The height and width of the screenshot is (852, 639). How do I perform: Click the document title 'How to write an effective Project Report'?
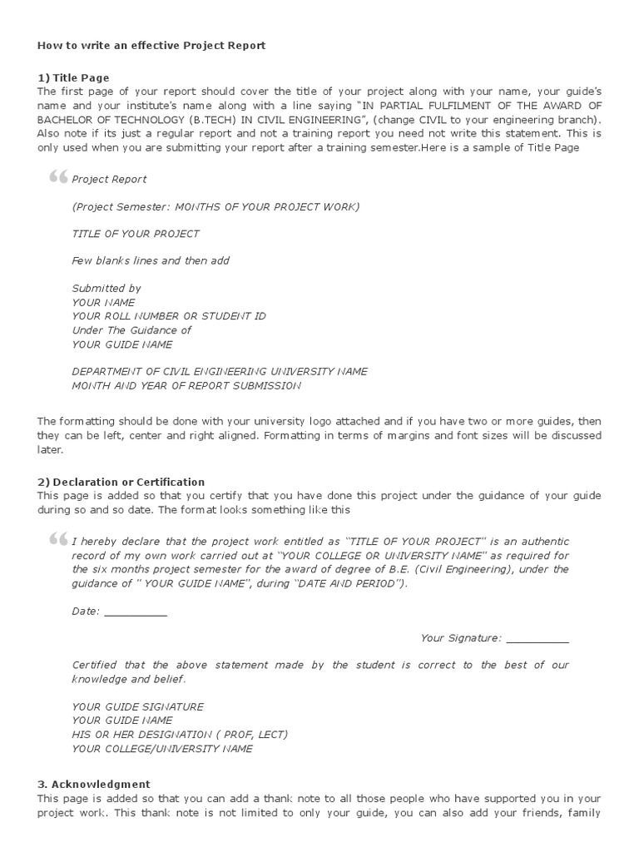point(151,46)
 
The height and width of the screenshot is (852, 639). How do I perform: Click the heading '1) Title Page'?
point(73,77)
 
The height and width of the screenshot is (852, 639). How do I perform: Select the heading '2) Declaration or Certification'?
point(121,482)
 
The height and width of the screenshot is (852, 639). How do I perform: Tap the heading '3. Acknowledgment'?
point(93,784)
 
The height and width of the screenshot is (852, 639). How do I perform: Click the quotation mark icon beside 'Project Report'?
point(57,177)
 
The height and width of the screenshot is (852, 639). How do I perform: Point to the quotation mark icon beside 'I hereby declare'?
point(57,539)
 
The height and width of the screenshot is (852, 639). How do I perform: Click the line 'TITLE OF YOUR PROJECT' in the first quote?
point(136,234)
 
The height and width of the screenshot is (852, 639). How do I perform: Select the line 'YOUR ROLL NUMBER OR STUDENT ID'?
point(169,316)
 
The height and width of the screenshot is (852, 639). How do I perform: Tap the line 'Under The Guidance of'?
point(131,330)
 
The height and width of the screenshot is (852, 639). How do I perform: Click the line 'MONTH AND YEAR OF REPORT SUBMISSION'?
point(186,385)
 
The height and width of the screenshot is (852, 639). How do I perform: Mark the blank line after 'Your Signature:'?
point(537,640)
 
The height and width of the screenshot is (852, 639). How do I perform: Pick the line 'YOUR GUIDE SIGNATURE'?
point(137,706)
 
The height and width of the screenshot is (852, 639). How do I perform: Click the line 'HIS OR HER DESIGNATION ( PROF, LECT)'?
point(180,735)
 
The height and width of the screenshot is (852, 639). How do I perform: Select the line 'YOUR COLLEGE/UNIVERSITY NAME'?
point(162,749)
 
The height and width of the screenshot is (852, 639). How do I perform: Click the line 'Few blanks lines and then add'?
point(151,260)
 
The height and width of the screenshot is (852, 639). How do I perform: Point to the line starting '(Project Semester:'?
point(216,206)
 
